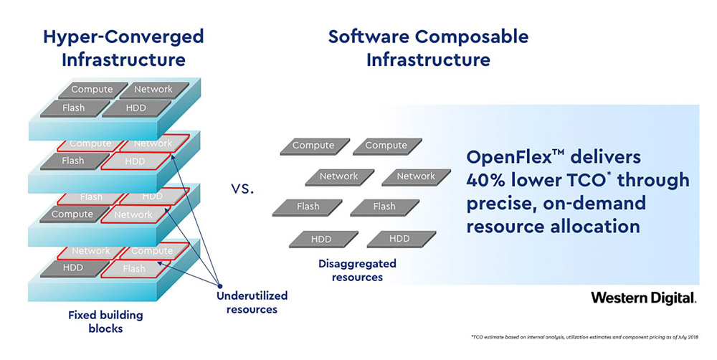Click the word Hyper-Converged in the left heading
pyautogui.click(x=123, y=37)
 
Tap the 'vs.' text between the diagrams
pyautogui.click(x=242, y=189)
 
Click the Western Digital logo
pyautogui.click(x=644, y=298)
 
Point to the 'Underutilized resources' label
pyautogui.click(x=252, y=303)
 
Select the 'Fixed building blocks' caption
pyautogui.click(x=105, y=321)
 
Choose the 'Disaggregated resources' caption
pyautogui.click(x=357, y=270)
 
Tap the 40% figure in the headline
pyautogui.click(x=485, y=180)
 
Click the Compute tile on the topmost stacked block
pyautogui.click(x=92, y=90)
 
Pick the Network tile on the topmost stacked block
pyautogui.click(x=153, y=90)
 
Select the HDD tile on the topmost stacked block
pyautogui.click(x=136, y=108)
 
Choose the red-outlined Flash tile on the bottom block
pyautogui.click(x=135, y=269)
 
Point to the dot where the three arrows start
pyautogui.click(x=219, y=286)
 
